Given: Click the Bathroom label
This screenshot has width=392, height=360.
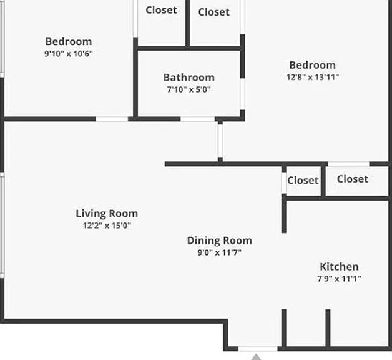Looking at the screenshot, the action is tap(189, 77).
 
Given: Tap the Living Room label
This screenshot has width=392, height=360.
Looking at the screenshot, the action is tap(107, 214).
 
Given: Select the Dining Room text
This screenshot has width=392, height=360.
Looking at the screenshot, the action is tap(220, 241).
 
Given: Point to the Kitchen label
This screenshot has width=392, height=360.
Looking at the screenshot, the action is tap(339, 267).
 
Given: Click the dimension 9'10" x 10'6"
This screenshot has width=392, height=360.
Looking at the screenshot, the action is tap(69, 54).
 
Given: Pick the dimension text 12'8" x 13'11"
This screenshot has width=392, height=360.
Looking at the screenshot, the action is tap(313, 77).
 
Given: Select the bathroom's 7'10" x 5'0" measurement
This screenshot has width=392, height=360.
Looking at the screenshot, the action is tap(189, 89).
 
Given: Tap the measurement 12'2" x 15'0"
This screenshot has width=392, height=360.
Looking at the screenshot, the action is tap(107, 226).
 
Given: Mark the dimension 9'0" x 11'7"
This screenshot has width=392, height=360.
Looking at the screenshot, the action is tap(220, 252).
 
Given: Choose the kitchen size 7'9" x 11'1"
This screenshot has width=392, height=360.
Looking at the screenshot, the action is tap(339, 279).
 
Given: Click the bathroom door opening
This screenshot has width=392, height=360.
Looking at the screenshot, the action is tap(197, 119).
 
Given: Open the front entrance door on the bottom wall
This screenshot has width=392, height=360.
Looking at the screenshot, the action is tap(258, 349).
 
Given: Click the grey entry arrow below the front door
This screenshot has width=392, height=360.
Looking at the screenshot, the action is tap(256, 357).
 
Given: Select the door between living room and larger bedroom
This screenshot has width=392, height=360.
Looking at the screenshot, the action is tap(220, 141).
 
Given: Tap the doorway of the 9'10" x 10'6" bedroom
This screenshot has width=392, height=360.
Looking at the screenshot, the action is tap(112, 119).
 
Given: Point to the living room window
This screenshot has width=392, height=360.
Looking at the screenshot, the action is tap(2, 225).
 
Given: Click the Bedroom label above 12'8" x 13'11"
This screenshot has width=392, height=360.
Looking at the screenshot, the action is tap(313, 66).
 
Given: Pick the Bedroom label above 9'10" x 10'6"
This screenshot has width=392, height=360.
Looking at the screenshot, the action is tap(69, 42).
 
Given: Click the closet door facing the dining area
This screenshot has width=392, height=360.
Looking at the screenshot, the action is tap(284, 182).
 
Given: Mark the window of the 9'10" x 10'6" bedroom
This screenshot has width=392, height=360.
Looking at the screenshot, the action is tap(2, 37).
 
